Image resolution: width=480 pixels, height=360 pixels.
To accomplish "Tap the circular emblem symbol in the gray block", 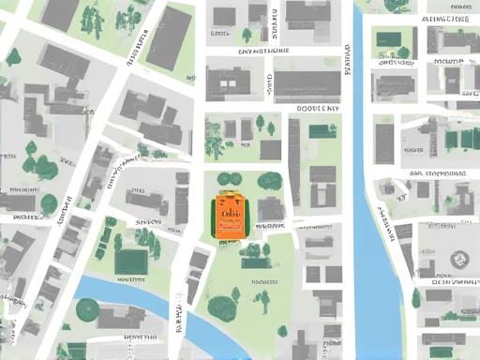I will [458, 260].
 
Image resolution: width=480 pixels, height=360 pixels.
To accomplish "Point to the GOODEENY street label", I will [318, 109].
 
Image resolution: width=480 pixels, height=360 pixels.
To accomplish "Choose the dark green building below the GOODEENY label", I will [322, 130].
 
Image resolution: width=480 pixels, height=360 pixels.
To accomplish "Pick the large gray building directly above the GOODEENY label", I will [307, 83].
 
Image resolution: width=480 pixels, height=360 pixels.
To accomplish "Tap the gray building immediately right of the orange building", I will [271, 209].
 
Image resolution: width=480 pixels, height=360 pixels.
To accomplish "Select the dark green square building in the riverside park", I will [130, 261].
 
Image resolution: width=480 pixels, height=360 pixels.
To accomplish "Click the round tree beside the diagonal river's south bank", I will [87, 309].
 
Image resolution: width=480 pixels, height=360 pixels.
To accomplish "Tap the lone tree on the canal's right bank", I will [416, 298].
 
